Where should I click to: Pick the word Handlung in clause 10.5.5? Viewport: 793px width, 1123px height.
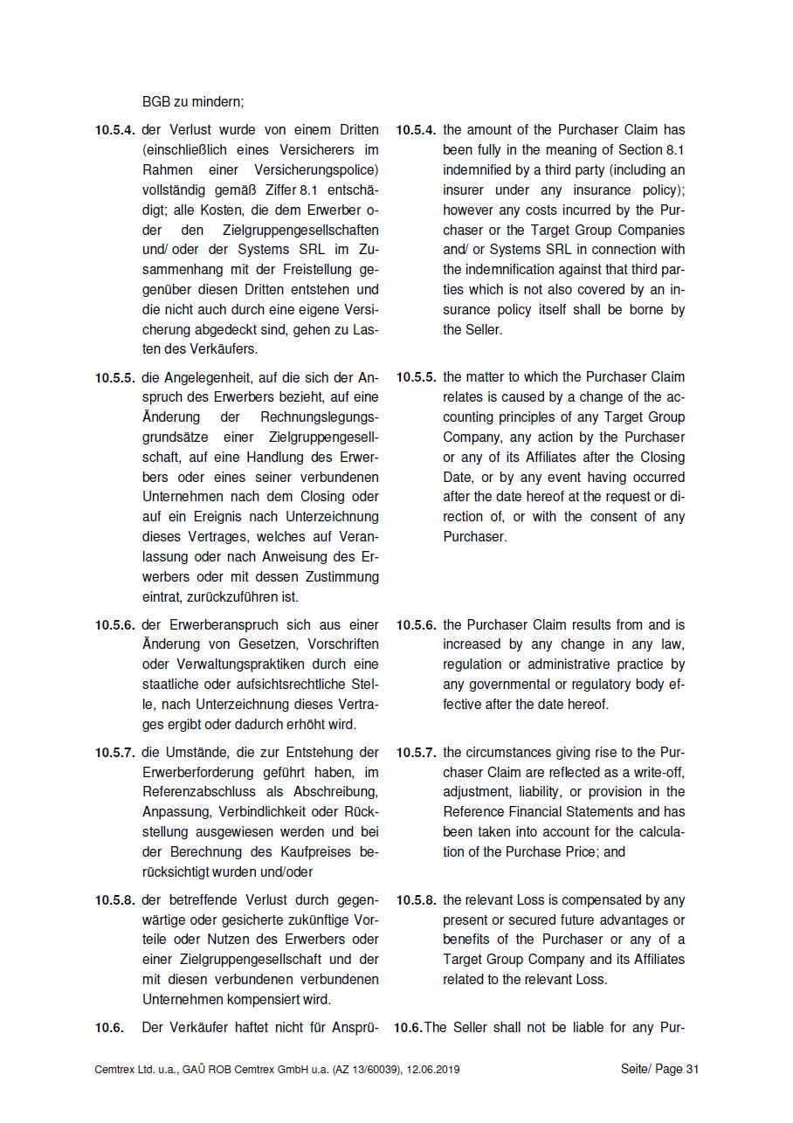tap(287, 457)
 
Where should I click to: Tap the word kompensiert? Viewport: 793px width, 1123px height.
tap(272, 999)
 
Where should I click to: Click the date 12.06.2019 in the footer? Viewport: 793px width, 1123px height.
tap(433, 1069)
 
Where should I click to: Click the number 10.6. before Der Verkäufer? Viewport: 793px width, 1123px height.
tap(110, 1028)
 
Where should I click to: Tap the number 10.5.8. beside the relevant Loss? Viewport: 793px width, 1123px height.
tap(416, 899)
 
